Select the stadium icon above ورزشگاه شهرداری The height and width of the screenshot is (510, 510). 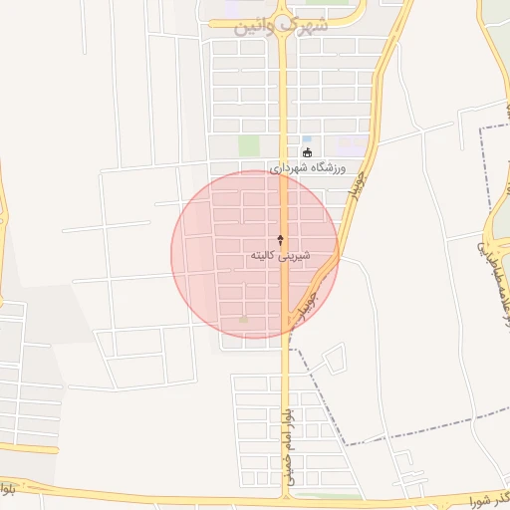pyautogui.click(x=307, y=152)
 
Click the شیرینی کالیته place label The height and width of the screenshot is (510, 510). pyautogui.click(x=280, y=256)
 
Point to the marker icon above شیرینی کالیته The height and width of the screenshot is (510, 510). pyautogui.click(x=280, y=240)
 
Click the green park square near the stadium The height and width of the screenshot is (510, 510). pyautogui.click(x=249, y=145)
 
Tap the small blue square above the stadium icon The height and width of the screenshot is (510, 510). pyautogui.click(x=306, y=138)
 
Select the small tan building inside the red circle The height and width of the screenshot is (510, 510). pyautogui.click(x=243, y=320)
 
